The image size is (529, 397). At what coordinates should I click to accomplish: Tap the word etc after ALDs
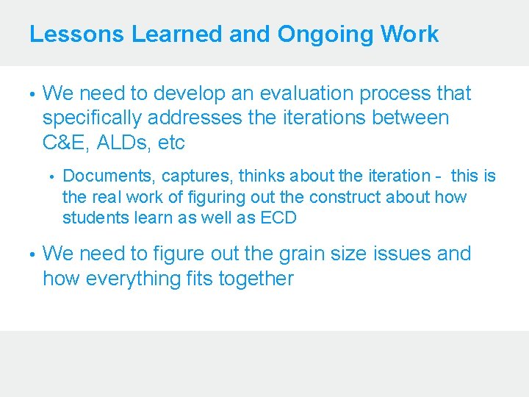(171, 143)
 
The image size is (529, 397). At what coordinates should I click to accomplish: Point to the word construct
(346, 197)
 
